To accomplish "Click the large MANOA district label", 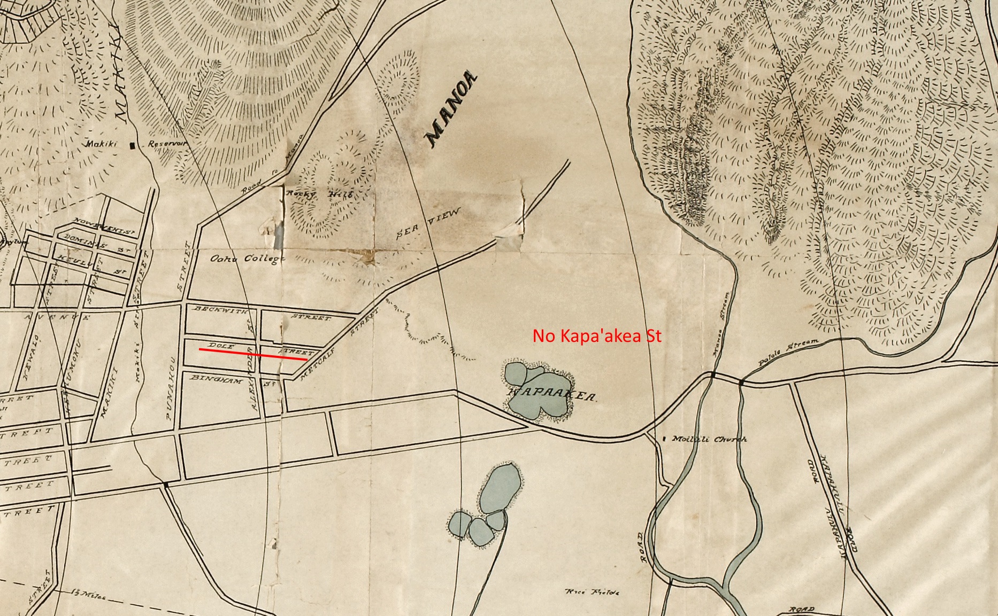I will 451,110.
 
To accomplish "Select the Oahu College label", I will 245,259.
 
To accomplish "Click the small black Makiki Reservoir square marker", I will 132,145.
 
